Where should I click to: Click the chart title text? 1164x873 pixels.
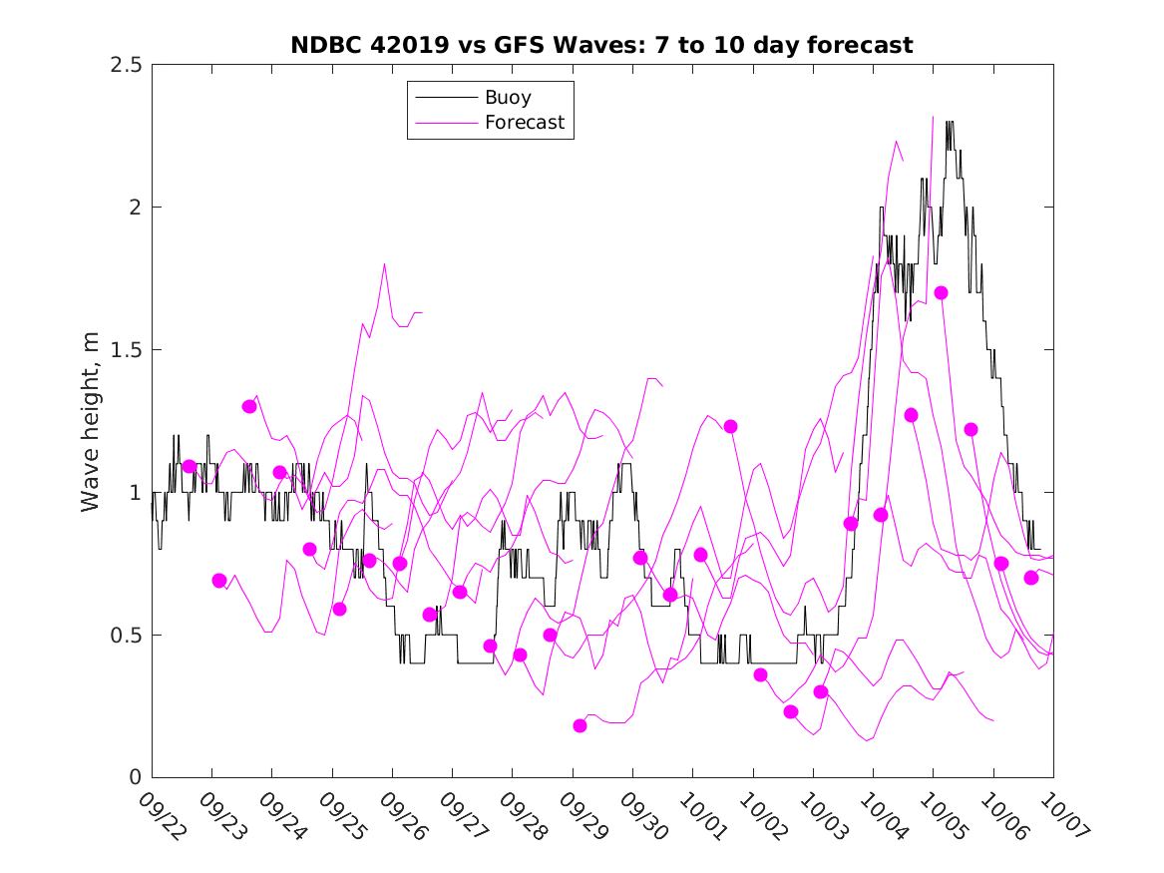pos(601,45)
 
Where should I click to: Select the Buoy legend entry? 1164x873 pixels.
pos(508,98)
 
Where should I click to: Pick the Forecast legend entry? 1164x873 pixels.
pos(524,123)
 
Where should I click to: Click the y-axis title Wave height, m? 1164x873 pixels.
pos(91,421)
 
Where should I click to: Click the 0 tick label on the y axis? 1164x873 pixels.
pos(134,778)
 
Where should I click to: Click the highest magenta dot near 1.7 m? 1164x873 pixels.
pos(941,292)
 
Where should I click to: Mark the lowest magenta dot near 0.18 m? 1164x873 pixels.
pos(580,725)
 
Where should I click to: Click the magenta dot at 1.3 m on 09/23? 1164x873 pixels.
pos(249,406)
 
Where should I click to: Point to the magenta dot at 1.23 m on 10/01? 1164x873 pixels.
pos(730,426)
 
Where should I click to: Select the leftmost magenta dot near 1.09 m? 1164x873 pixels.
pos(189,466)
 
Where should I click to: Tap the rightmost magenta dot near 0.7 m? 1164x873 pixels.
pos(1031,578)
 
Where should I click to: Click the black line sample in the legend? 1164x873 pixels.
pos(445,98)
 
